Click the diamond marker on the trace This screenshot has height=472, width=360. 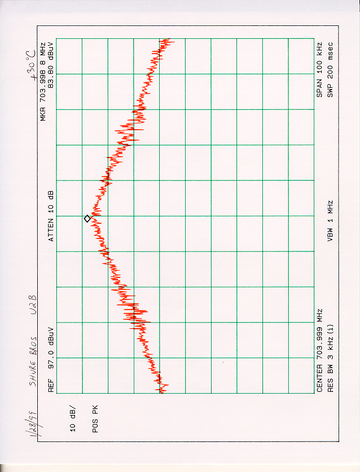click(87, 218)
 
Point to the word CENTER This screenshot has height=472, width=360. click(319, 378)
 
